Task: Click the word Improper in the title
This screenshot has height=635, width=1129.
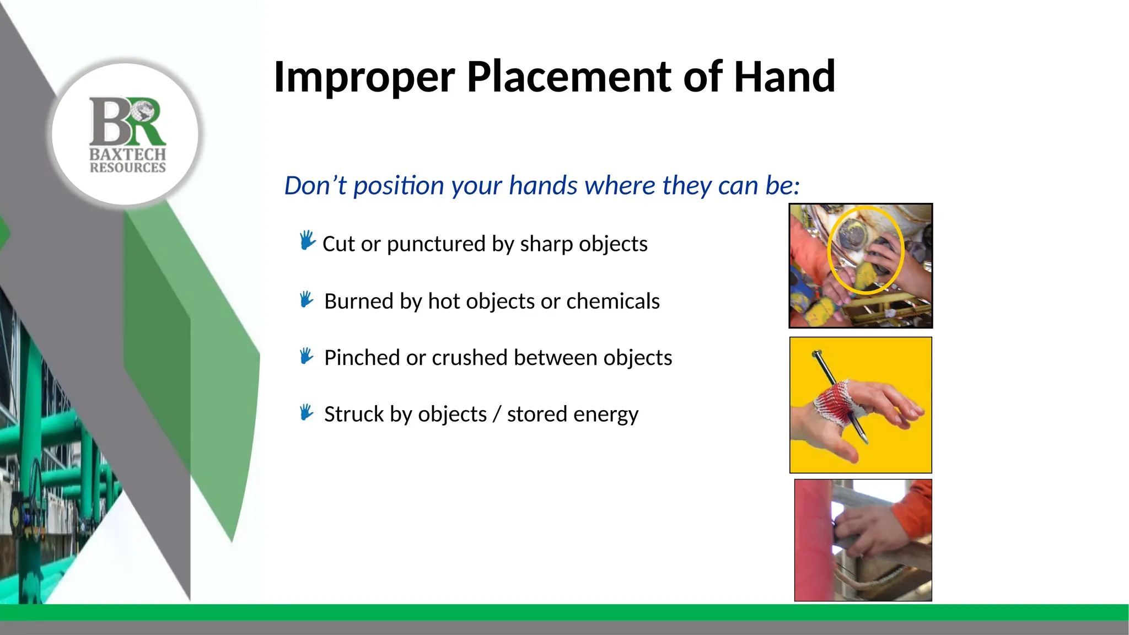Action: [364, 77]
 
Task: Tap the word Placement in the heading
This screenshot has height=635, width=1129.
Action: [568, 77]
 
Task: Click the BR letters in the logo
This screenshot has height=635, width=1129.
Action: [127, 121]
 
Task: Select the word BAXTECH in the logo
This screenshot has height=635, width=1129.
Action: [127, 154]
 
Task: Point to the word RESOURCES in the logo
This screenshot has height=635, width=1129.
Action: [127, 168]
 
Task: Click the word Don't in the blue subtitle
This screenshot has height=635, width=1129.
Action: [315, 186]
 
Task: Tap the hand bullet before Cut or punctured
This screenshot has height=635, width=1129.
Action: [307, 241]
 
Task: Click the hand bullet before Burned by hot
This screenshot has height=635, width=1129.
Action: [307, 300]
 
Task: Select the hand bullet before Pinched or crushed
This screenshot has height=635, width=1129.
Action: [307, 356]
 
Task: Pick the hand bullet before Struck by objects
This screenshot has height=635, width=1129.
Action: [307, 412]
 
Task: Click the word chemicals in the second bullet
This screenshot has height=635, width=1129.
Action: [612, 302]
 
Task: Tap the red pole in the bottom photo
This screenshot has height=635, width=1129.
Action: [813, 540]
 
